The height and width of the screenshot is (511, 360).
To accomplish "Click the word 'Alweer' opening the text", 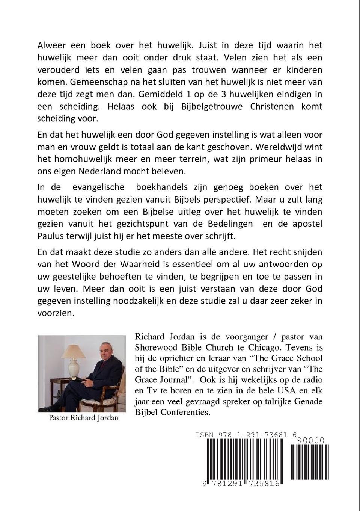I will [52, 46].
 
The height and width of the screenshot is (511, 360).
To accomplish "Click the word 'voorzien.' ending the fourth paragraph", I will [56, 313].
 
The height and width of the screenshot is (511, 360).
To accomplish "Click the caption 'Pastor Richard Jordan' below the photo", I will [83, 417].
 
